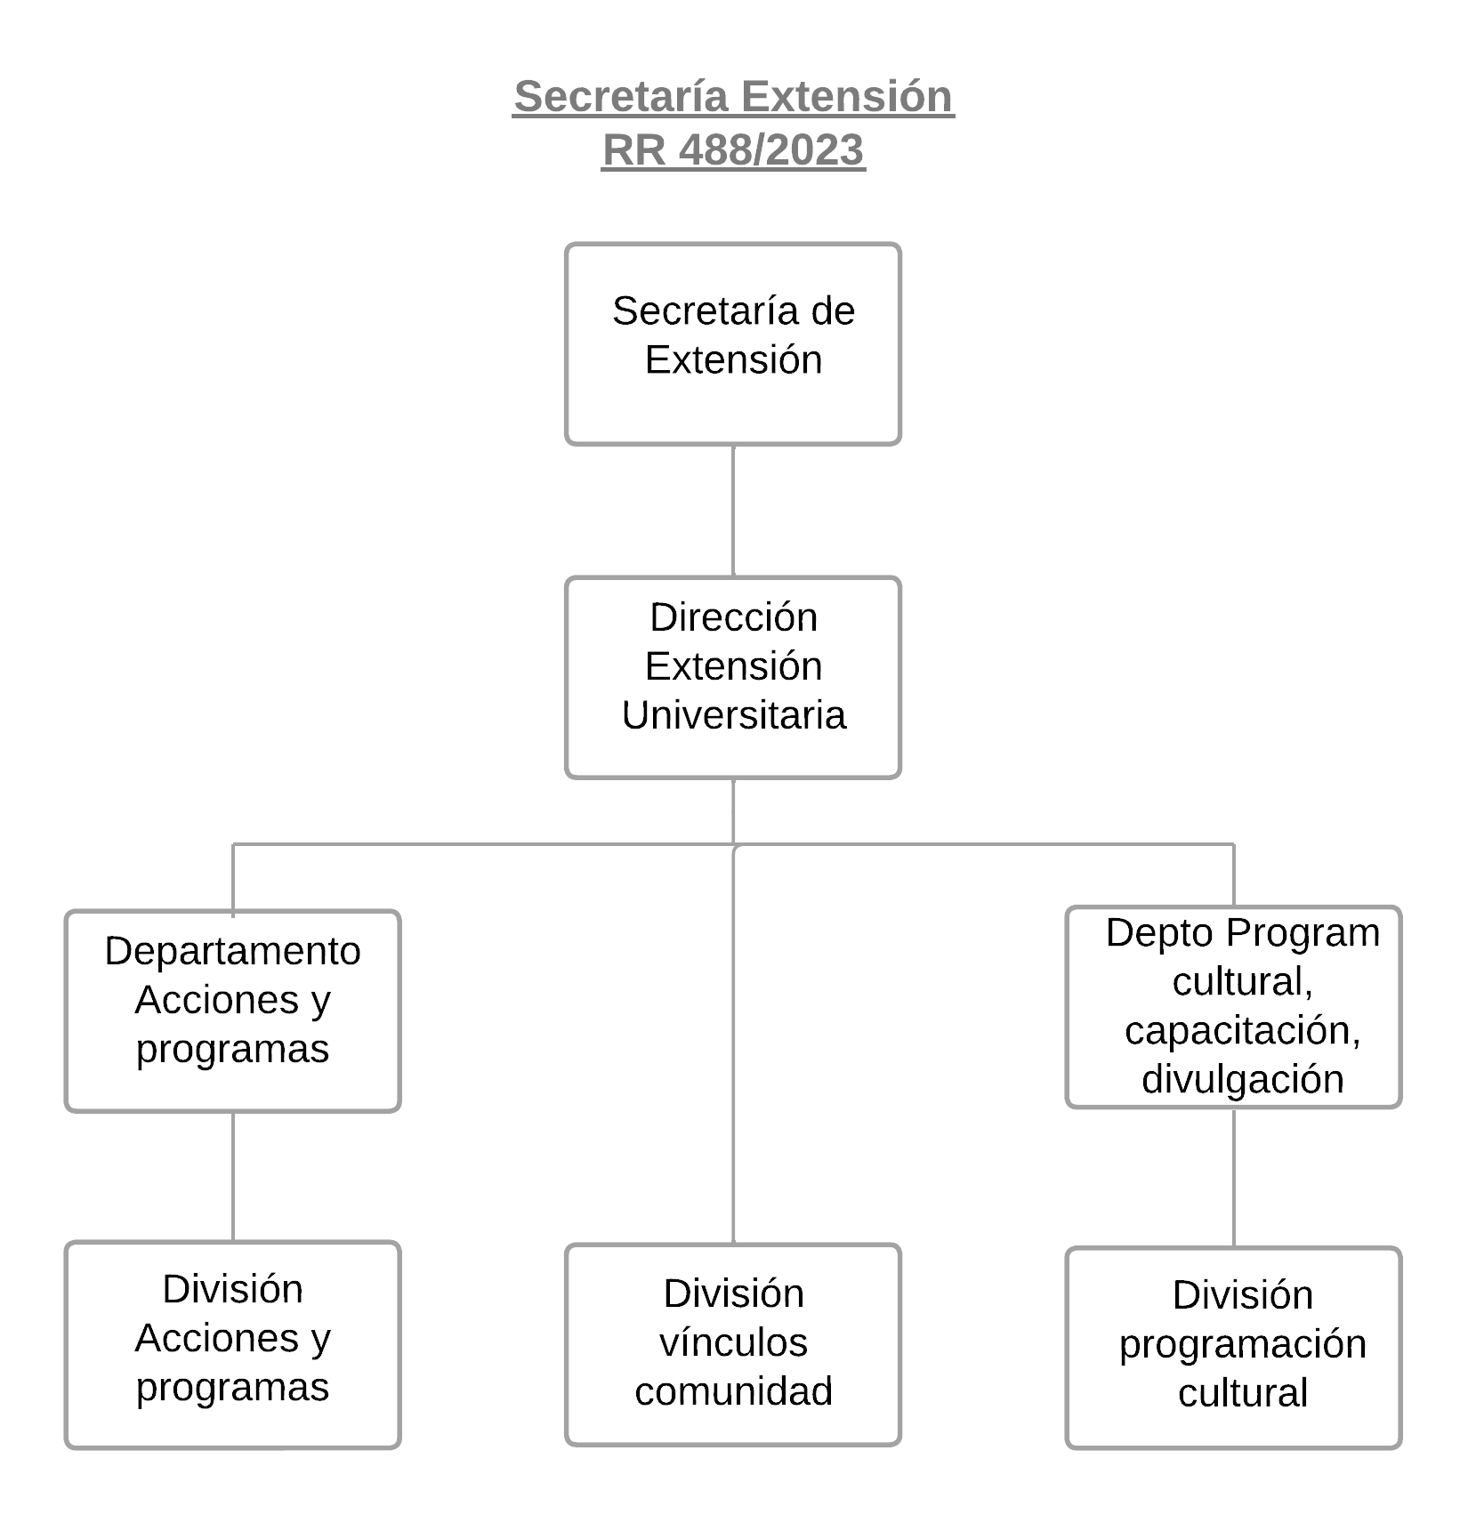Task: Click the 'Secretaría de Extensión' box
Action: pyautogui.click(x=733, y=343)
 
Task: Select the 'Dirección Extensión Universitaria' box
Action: pyautogui.click(x=733, y=677)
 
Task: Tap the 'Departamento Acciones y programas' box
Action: pyautogui.click(x=232, y=1011)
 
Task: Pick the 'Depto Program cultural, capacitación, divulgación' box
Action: pyautogui.click(x=1233, y=1007)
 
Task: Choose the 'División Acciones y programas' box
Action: pyautogui.click(x=232, y=1344)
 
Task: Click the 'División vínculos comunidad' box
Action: pyautogui.click(x=733, y=1344)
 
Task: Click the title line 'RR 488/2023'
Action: pyautogui.click(x=733, y=149)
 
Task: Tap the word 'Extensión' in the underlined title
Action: pyautogui.click(x=847, y=96)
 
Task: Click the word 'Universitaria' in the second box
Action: pyautogui.click(x=733, y=715)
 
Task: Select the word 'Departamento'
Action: pyautogui.click(x=232, y=951)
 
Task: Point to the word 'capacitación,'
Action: pyautogui.click(x=1242, y=1030)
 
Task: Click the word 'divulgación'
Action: pyautogui.click(x=1242, y=1079)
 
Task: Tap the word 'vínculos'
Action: pyautogui.click(x=733, y=1342)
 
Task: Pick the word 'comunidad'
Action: pyautogui.click(x=733, y=1391)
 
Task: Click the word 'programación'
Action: pyautogui.click(x=1242, y=1344)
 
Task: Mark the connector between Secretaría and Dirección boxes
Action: pyautogui.click(x=733, y=511)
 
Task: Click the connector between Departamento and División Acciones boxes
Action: pyautogui.click(x=233, y=1176)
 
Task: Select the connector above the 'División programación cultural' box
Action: pyautogui.click(x=1233, y=1178)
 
